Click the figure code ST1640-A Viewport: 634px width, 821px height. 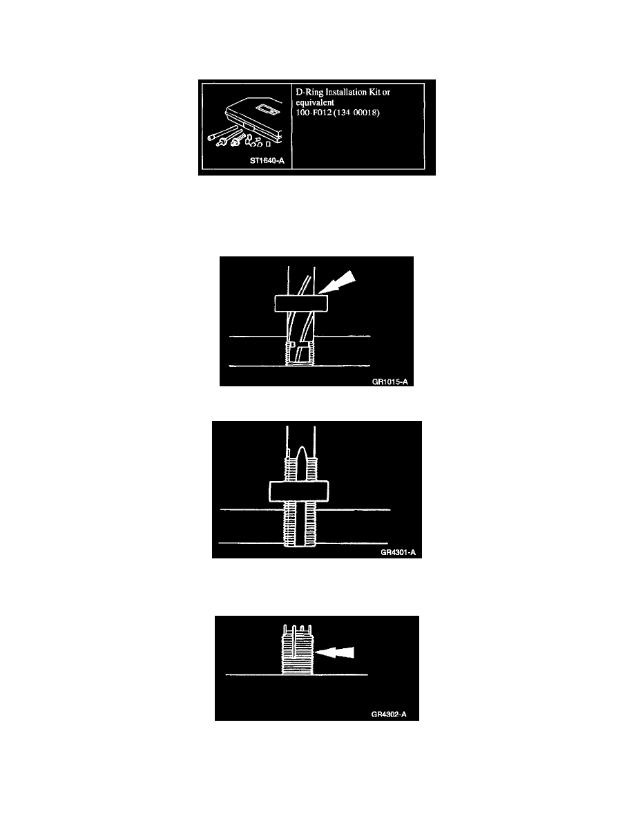tap(267, 161)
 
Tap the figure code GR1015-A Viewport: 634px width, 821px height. tap(390, 381)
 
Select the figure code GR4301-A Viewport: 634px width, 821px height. tap(398, 552)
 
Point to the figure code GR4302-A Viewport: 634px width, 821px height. tap(389, 714)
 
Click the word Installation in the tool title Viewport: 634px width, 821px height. tap(346, 92)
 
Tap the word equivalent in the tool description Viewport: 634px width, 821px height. tap(315, 102)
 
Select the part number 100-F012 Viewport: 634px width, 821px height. tap(314, 113)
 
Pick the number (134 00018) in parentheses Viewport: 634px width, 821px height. tap(357, 113)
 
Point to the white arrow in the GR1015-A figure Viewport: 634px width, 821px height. tap(338, 282)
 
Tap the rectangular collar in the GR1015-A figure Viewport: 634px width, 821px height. tap(301, 303)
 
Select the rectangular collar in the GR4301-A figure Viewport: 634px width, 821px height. tap(299, 491)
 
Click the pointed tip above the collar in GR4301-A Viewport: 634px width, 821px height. tap(301, 449)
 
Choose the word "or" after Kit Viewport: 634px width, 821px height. tap(386, 93)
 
